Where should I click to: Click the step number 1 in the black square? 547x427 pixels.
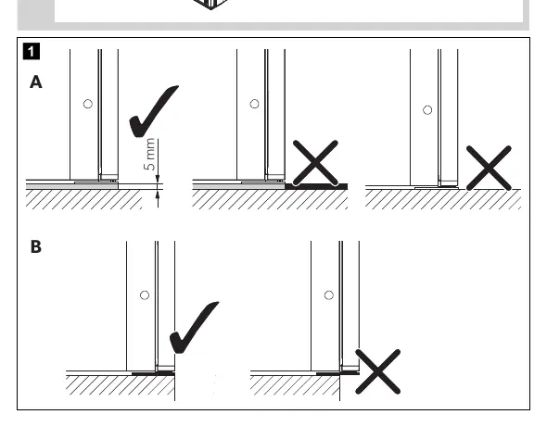pos(31,51)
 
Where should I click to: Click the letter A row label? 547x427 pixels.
pos(35,82)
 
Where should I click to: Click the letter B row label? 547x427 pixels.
pos(35,246)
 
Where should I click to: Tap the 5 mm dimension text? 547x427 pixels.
pos(149,155)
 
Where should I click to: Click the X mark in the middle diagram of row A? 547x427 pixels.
pos(315,163)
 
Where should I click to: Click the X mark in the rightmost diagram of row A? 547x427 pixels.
pos(489,168)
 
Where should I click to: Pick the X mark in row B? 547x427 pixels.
pos(377,371)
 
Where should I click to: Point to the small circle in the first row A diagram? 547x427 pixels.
pos(88,104)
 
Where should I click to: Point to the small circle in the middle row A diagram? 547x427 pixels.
pos(254,104)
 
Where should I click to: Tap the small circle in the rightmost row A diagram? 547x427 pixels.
pos(427,110)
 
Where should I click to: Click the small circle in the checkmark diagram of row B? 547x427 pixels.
pos(145,295)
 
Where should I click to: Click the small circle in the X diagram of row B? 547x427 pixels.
pos(328,295)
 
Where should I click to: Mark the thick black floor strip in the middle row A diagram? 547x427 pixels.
pos(316,186)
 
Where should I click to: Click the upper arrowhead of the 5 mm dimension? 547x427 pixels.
pos(158,179)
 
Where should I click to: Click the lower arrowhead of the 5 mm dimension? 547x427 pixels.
pos(158,195)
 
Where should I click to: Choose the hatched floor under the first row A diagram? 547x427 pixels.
pos(83,199)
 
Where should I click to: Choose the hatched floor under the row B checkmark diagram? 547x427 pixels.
pos(121,385)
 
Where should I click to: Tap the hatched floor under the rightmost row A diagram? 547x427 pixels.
pos(443,199)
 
